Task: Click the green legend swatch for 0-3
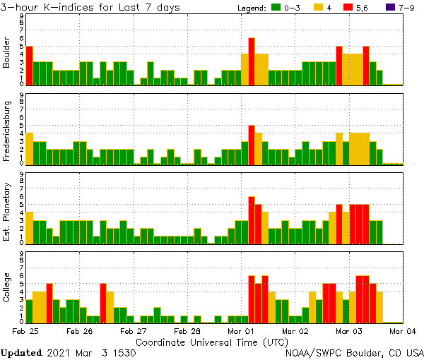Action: [277, 7]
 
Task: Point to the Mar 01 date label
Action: [240, 330]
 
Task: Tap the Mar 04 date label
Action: [401, 330]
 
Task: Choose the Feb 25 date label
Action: [25, 330]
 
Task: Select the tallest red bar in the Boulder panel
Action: [252, 61]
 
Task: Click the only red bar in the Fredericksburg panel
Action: [252, 145]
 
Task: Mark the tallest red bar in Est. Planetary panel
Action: [252, 220]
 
